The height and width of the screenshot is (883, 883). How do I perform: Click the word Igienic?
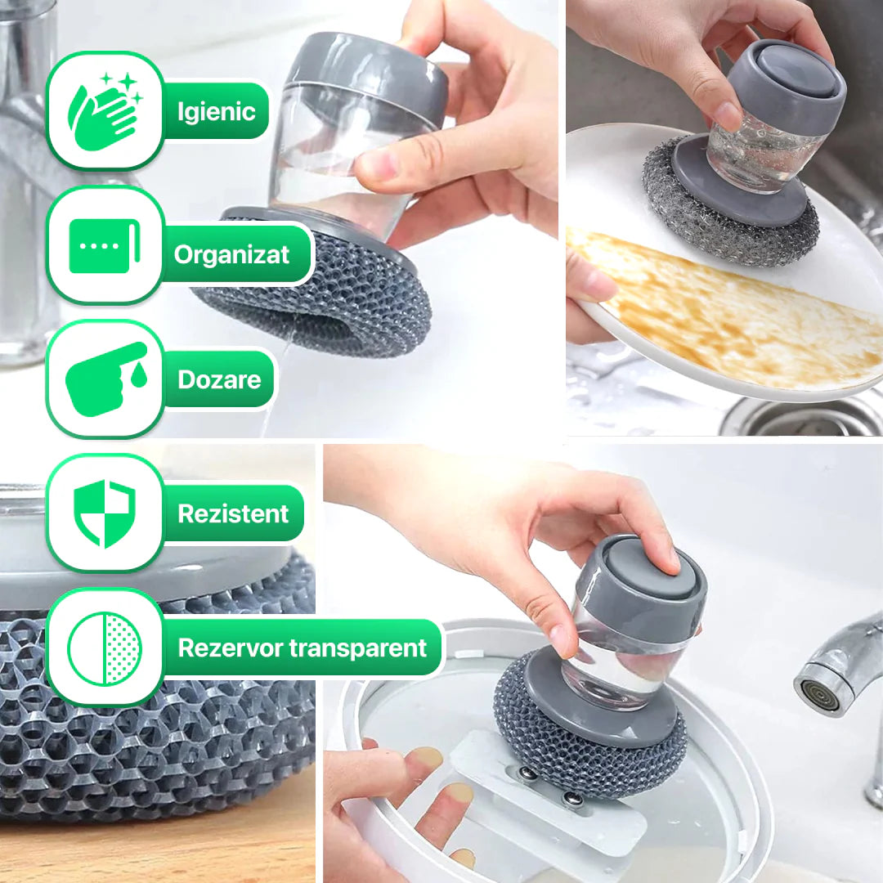point(217,111)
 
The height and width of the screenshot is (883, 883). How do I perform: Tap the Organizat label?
point(231,255)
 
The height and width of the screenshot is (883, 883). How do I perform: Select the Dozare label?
point(220,379)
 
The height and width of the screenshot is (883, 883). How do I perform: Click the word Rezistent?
point(233,513)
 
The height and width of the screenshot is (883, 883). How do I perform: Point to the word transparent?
point(357,648)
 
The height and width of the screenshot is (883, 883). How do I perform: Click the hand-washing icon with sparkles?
point(105,111)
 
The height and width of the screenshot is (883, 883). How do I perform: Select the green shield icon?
point(105,513)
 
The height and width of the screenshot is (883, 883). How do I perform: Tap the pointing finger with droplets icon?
point(105,379)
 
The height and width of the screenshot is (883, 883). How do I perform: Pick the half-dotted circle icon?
point(105,648)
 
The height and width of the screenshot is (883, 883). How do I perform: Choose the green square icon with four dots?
point(104,246)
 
